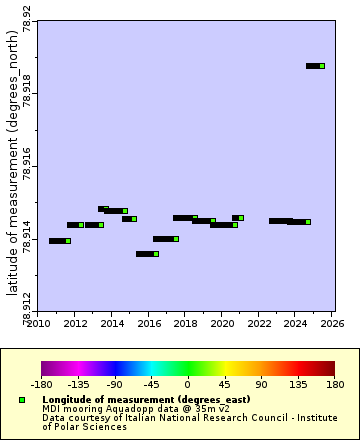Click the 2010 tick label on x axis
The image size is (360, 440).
pyautogui.click(x=38, y=324)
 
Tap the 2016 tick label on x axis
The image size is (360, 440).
pyautogui.click(x=149, y=324)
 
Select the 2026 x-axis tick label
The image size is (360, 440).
pyautogui.click(x=333, y=324)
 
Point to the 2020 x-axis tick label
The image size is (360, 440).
pyautogui.click(x=223, y=324)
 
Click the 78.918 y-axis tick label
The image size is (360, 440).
pyautogui.click(x=27, y=93)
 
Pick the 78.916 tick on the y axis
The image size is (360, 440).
pyautogui.click(x=27, y=167)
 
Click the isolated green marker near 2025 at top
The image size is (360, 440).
pyautogui.click(x=322, y=66)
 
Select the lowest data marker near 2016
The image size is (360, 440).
pyautogui.click(x=156, y=254)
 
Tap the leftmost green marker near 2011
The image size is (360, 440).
pyautogui.click(x=68, y=241)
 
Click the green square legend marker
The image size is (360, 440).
pyautogui.click(x=21, y=400)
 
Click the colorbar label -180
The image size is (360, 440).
pyautogui.click(x=41, y=383)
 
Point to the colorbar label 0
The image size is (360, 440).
pyautogui.click(x=187, y=383)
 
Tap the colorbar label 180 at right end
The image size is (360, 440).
pyautogui.click(x=334, y=383)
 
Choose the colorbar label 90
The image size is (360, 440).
pyautogui.click(x=261, y=383)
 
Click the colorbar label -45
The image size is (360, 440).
pyautogui.click(x=151, y=383)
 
